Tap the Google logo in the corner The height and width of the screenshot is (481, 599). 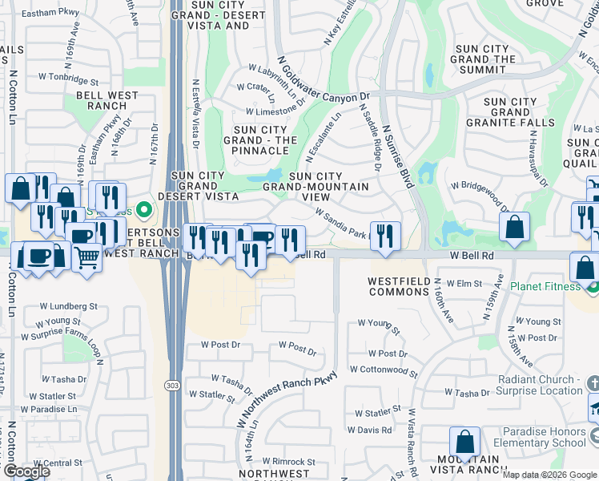[26, 471]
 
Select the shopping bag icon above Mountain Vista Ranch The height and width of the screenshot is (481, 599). [464, 441]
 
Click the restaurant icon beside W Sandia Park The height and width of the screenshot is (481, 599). [386, 234]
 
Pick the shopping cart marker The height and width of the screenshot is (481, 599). [87, 257]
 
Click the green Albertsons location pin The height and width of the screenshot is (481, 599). [144, 211]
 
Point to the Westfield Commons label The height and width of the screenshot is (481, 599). [398, 286]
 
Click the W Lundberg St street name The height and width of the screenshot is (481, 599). [71, 306]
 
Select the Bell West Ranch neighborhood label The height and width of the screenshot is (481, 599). [107, 102]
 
